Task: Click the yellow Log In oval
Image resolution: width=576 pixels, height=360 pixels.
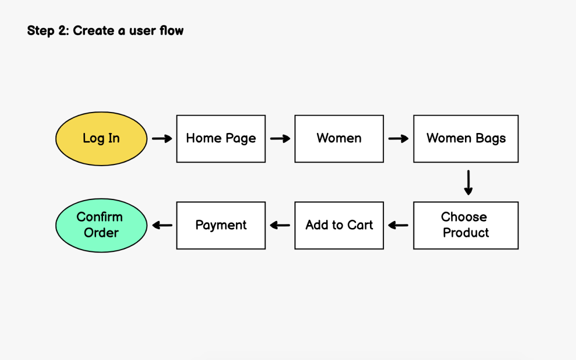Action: pyautogui.click(x=101, y=138)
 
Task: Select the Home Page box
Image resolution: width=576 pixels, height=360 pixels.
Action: pyautogui.click(x=220, y=138)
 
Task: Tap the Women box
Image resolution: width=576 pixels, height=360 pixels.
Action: pyautogui.click(x=339, y=138)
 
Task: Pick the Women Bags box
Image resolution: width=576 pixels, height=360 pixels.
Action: pyautogui.click(x=465, y=138)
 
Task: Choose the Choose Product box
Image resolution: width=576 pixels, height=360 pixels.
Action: pyautogui.click(x=465, y=225)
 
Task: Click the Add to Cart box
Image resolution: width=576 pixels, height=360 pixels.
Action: pyautogui.click(x=339, y=225)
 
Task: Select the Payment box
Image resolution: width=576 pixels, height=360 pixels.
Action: pyautogui.click(x=220, y=225)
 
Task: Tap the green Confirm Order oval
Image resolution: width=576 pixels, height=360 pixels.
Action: pyautogui.click(x=101, y=225)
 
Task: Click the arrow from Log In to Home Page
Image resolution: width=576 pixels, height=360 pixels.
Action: pyautogui.click(x=162, y=138)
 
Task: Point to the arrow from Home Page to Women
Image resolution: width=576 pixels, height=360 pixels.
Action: pyautogui.click(x=280, y=138)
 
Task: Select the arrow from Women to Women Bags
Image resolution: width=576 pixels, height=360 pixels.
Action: pyautogui.click(x=398, y=138)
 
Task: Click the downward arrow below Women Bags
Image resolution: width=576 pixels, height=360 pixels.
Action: pyautogui.click(x=468, y=182)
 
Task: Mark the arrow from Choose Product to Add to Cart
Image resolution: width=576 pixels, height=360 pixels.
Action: pyautogui.click(x=398, y=225)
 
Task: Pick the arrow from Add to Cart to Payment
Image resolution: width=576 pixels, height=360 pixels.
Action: pyautogui.click(x=280, y=225)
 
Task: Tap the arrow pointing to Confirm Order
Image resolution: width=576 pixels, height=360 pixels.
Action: pyautogui.click(x=162, y=225)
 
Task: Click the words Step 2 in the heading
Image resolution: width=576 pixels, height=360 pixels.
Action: pyautogui.click(x=48, y=31)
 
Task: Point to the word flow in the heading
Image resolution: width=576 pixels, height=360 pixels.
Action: pyautogui.click(x=171, y=31)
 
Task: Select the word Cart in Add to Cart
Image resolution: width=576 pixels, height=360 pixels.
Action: pyautogui.click(x=360, y=225)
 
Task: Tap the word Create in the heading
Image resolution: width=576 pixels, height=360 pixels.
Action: pyautogui.click(x=92, y=31)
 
